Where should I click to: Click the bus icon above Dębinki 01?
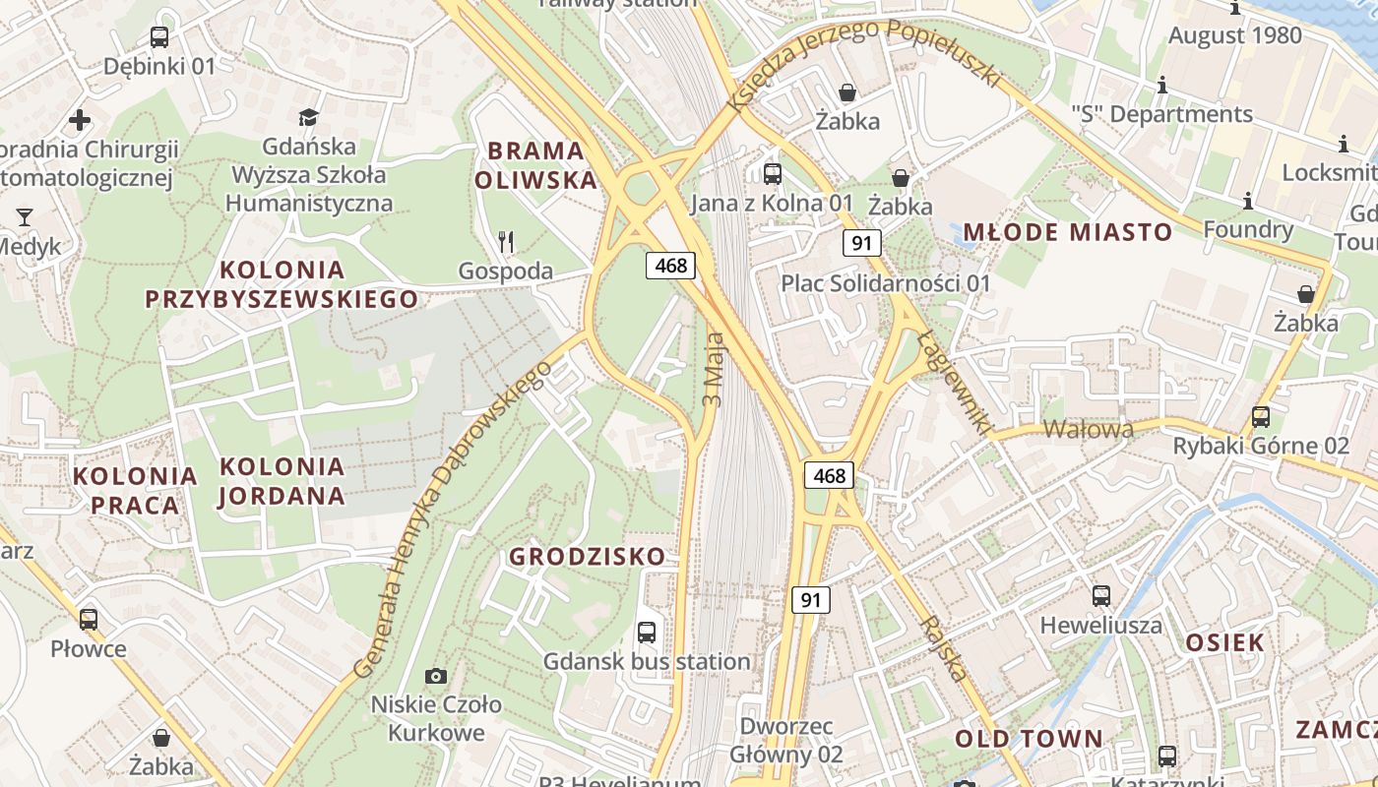pos(159,37)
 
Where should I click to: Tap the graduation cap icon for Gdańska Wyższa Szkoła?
pos(309,117)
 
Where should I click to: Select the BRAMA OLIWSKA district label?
pos(535,165)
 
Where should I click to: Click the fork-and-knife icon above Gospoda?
pos(506,240)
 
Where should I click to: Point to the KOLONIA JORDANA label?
pos(282,480)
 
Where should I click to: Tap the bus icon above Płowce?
pos(89,619)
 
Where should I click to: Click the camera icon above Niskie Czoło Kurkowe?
pos(435,676)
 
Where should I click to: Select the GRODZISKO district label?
pos(587,557)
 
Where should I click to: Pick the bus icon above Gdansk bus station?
pos(647,633)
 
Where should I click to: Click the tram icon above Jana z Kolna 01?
pos(773,174)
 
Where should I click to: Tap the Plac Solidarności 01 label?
pos(886,283)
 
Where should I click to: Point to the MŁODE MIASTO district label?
pos(1067,232)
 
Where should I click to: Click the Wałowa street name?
pos(1088,429)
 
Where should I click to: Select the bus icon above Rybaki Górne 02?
pos(1261,416)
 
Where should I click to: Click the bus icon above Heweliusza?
pos(1101,595)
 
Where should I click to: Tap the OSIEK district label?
pos(1224,643)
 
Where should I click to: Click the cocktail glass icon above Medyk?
pos(25,216)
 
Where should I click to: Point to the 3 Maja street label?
pos(714,370)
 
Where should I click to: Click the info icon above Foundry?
pos(1248,201)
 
